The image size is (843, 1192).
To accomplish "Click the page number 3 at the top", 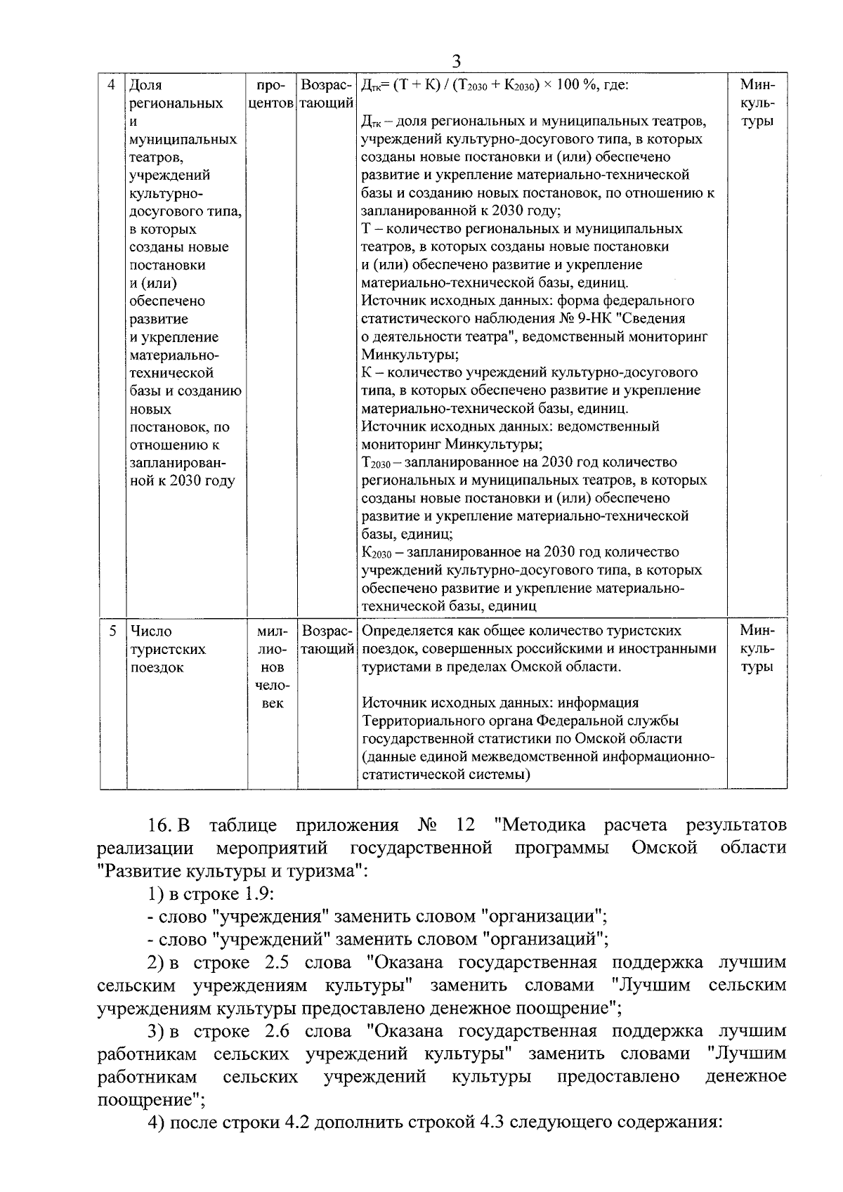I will (x=456, y=61).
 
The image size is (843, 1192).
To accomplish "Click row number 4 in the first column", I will (x=112, y=86).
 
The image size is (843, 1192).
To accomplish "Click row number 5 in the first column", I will (x=112, y=631).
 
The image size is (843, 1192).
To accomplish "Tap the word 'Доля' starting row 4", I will (x=146, y=86).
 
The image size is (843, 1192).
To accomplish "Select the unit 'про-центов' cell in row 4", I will (x=270, y=95).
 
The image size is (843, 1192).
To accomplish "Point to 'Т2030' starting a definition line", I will (x=375, y=463).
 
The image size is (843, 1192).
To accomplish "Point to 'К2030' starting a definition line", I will (x=376, y=553).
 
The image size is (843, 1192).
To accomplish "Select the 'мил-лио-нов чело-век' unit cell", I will (x=270, y=667).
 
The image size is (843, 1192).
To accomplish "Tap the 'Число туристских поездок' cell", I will (x=168, y=649).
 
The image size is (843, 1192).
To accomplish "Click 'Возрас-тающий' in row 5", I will (x=327, y=640).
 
